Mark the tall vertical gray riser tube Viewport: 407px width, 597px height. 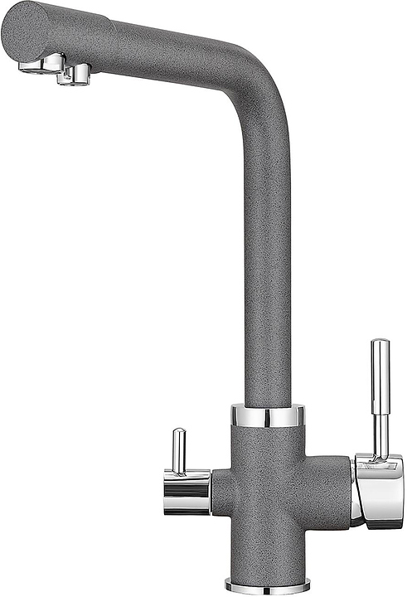(x=268, y=265)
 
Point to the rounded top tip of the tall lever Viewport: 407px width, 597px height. (x=380, y=342)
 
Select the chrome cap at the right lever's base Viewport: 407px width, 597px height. (x=376, y=488)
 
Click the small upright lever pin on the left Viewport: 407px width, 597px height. (x=177, y=452)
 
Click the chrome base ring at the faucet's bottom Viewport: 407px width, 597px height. (x=268, y=585)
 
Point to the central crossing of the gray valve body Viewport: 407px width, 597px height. (x=268, y=490)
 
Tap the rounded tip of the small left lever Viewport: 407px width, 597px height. (x=177, y=432)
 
